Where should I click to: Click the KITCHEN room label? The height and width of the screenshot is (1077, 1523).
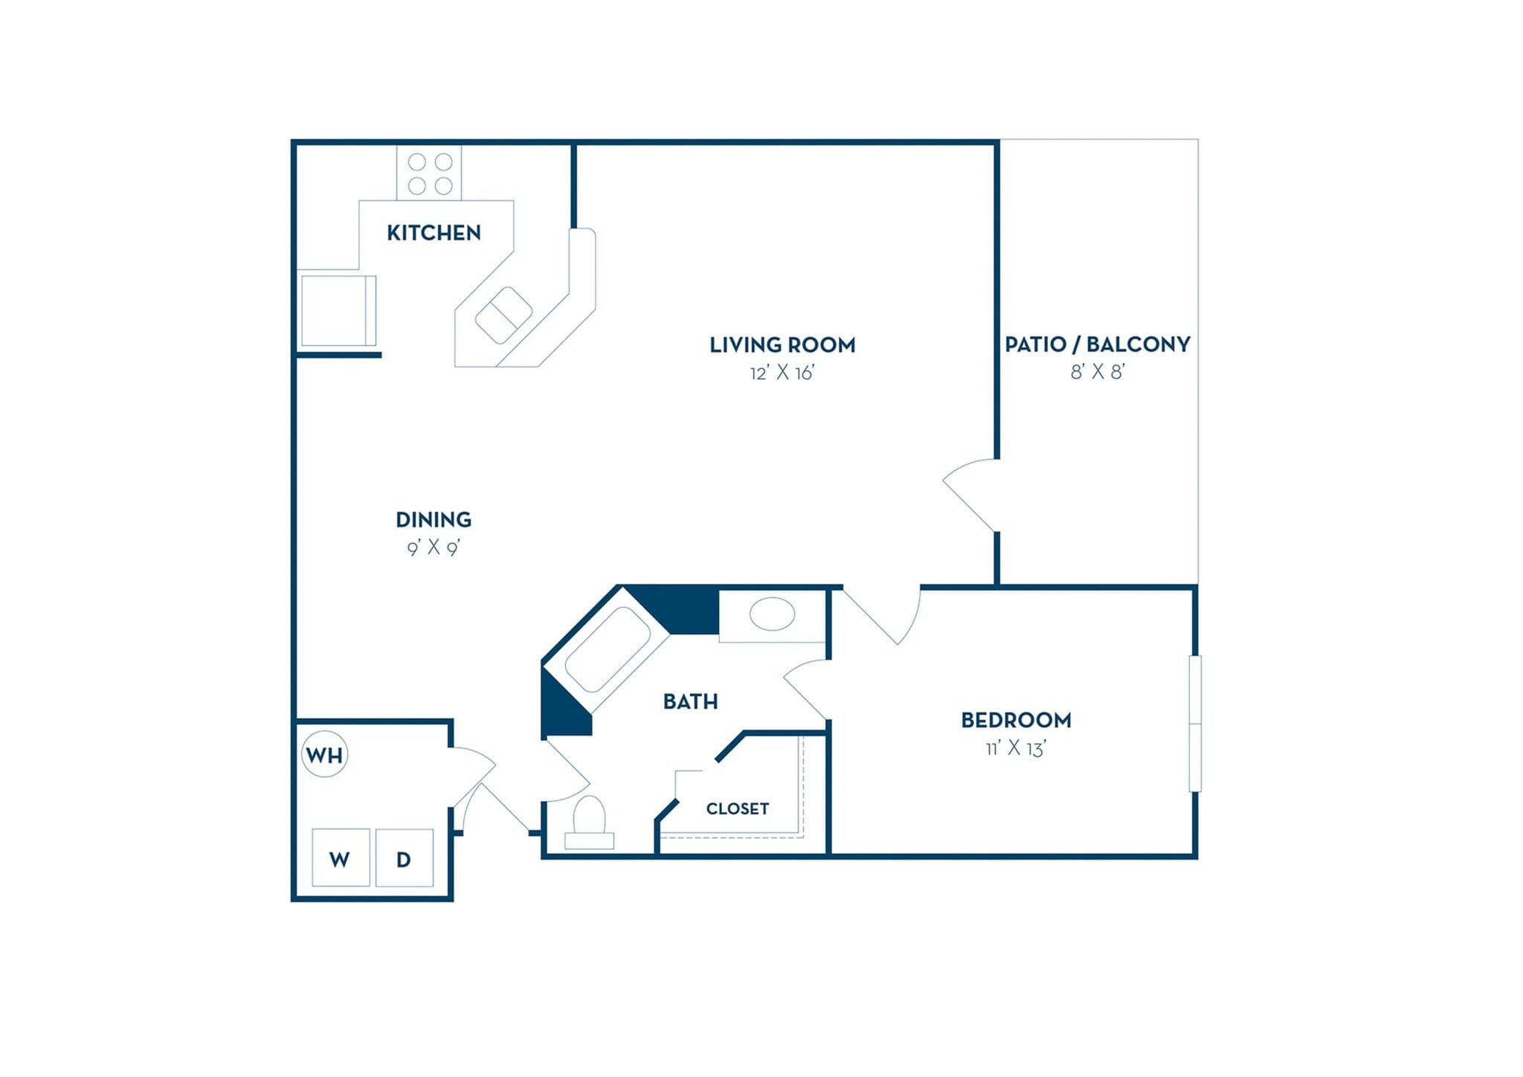click(x=434, y=233)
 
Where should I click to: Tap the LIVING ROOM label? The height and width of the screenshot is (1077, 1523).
click(x=782, y=345)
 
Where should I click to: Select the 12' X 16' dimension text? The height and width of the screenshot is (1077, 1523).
click(x=782, y=373)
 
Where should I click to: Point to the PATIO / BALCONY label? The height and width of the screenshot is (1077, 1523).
click(x=1098, y=344)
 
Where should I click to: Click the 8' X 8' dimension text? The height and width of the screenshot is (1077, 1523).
click(x=1098, y=372)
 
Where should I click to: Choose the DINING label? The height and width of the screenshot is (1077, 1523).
click(x=434, y=519)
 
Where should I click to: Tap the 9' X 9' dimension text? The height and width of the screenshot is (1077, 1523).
click(x=434, y=548)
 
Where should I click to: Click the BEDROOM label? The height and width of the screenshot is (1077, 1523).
click(x=1016, y=720)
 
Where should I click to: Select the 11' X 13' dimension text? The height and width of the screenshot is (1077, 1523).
click(x=1016, y=748)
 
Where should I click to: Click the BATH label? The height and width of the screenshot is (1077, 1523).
click(x=690, y=701)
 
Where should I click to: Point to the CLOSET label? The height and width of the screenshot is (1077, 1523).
click(x=737, y=808)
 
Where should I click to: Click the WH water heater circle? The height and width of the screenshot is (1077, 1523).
click(x=325, y=756)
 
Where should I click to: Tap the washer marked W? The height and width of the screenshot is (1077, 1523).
click(x=341, y=858)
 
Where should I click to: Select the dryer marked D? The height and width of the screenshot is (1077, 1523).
click(x=404, y=858)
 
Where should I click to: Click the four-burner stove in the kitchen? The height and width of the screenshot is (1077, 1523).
click(x=429, y=173)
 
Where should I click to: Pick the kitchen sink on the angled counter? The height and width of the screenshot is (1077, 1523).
click(x=503, y=315)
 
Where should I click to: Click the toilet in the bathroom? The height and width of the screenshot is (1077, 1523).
click(x=590, y=822)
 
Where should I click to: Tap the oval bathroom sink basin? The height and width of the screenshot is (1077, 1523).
click(x=772, y=614)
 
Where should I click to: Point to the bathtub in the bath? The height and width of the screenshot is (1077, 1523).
click(x=608, y=650)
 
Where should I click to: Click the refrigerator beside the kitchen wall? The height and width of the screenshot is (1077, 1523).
click(x=337, y=310)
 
